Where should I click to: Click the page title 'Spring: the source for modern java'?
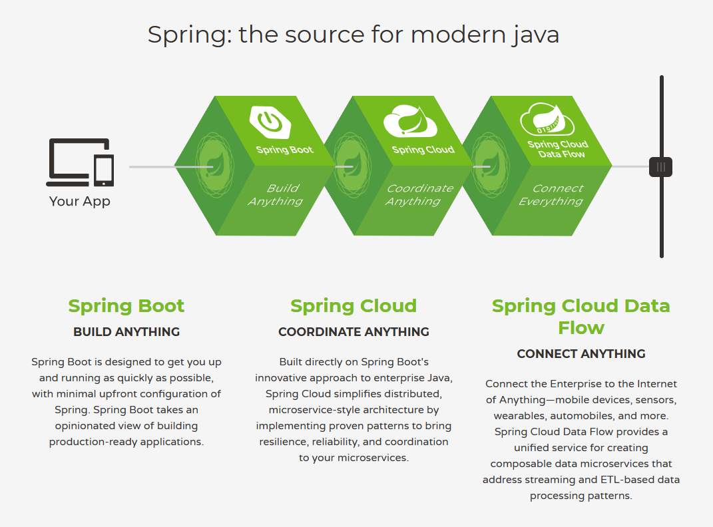354,35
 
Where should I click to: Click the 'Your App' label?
80,201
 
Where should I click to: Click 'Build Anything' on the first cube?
276,195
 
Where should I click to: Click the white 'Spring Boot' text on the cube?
285,150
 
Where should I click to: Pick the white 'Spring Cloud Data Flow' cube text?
558,149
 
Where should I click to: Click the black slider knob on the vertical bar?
660,167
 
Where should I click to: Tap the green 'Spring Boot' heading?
126,306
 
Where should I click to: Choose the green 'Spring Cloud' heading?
354,306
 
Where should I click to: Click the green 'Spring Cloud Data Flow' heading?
581,317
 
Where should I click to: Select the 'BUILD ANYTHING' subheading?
126,331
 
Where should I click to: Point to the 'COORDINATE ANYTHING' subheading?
354,331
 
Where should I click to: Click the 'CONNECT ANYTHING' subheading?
581,353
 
